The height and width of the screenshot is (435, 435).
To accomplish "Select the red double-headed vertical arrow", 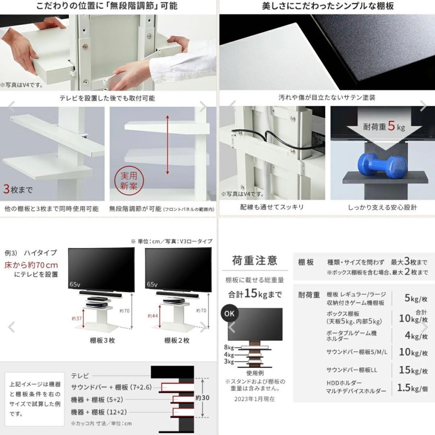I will tap(167, 144).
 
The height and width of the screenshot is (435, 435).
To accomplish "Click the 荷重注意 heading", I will tap(255, 261).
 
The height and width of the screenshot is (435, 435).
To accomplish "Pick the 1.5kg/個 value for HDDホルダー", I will tap(412, 388).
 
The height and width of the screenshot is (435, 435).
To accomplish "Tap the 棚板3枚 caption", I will tap(102, 340).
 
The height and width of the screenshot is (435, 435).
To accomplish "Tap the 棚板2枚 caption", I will tap(177, 340).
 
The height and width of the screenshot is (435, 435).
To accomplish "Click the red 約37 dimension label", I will tap(77, 318).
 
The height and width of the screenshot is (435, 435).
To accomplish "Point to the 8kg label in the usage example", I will tap(228, 347).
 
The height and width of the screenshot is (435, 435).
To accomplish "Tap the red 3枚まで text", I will tap(18, 189).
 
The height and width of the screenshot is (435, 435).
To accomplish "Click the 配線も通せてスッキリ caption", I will tap(271, 207).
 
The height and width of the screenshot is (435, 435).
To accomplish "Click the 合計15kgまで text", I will tap(254, 294).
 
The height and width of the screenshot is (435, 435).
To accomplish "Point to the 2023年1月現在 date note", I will tap(254, 399).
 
